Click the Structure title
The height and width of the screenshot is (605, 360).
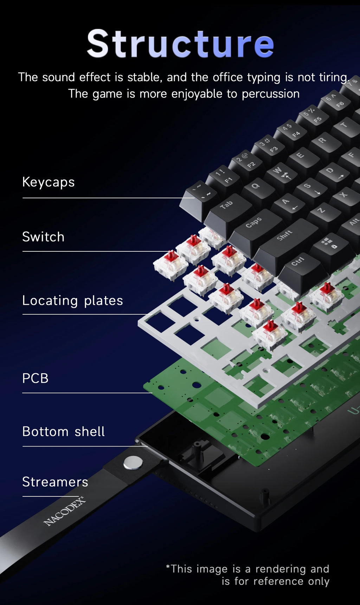180,44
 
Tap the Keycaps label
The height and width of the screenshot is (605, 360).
49,182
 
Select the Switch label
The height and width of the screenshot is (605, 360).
43,237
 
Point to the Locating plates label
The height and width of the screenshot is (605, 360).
72,301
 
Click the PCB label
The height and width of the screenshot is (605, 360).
35,378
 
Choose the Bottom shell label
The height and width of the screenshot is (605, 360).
63,432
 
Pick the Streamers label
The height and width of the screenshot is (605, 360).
55,482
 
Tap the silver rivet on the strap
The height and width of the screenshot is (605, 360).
133,463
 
